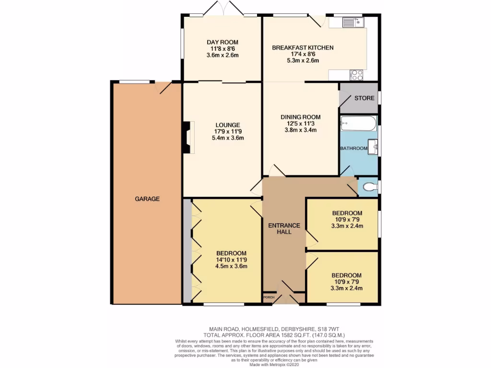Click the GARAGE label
pyautogui.click(x=147, y=199)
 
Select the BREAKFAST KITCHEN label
pyautogui.click(x=303, y=48)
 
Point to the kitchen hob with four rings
pyautogui.click(x=357, y=75)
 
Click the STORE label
pyautogui.click(x=364, y=98)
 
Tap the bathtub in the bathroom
pyautogui.click(x=358, y=124)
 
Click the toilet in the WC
pyautogui.click(x=369, y=187)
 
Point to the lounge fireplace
pyautogui.click(x=188, y=138)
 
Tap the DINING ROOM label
pyautogui.click(x=301, y=117)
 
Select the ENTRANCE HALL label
pyautogui.click(x=284, y=229)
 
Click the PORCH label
pyautogui.click(x=269, y=298)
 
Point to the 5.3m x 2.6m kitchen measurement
pyautogui.click(x=303, y=61)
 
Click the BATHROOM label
pyautogui.click(x=354, y=149)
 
